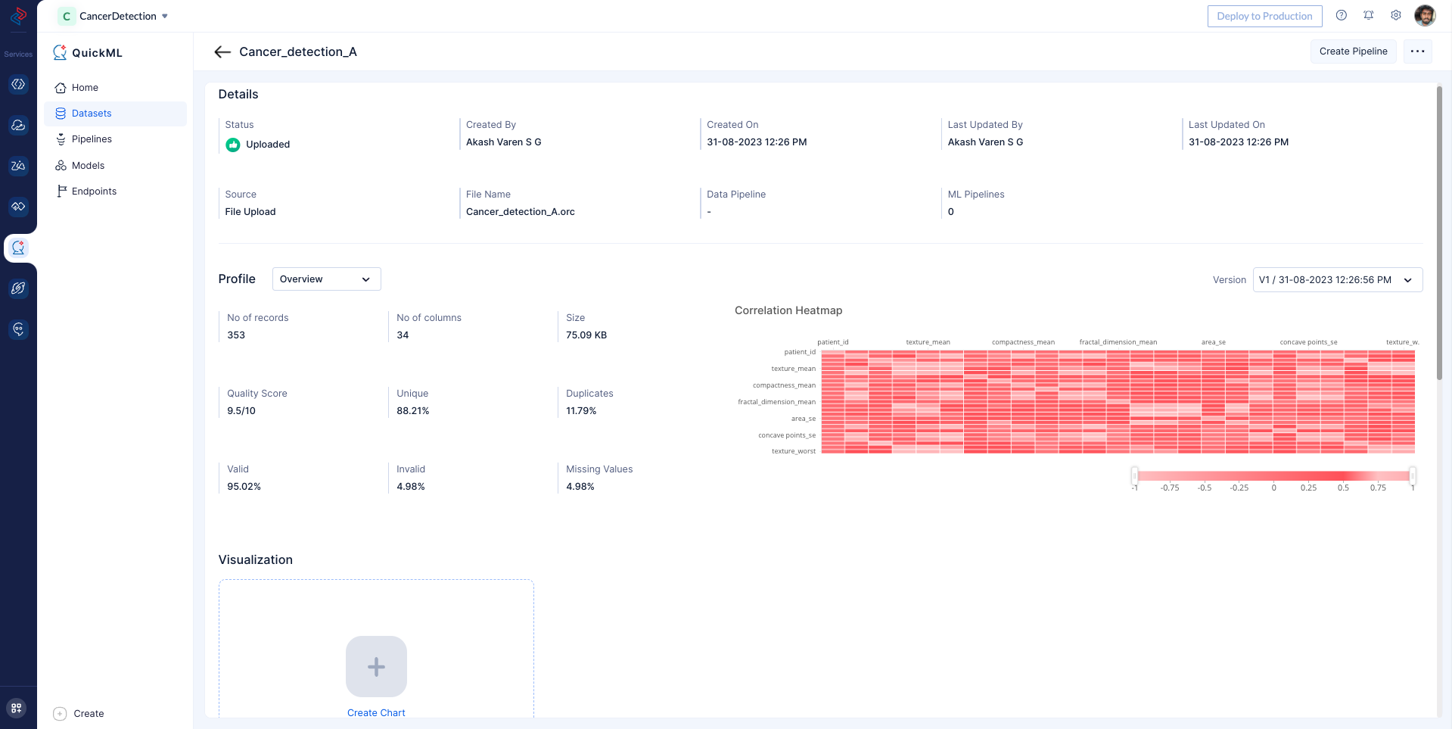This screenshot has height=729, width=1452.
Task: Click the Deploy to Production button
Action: coord(1264,16)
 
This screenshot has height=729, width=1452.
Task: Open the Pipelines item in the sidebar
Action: coord(92,139)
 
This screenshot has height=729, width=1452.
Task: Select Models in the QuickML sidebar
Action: coord(88,166)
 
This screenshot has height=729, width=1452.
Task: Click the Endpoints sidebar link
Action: coord(94,192)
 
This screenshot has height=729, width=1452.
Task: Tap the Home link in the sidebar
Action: coord(85,88)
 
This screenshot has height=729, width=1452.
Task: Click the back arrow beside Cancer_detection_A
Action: coord(222,51)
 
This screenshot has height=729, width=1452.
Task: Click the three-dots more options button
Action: coord(1417,51)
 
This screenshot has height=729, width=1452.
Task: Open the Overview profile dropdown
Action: coord(326,279)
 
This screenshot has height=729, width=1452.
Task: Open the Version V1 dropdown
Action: coord(1337,280)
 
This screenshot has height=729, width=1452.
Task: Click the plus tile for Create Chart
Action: coord(376,666)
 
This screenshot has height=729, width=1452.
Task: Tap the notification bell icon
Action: coord(1369,15)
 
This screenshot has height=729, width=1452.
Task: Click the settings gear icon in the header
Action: coord(1396,15)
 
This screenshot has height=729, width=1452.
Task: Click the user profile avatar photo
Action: coord(1425,15)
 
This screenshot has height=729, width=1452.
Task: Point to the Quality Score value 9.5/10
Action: coord(241,411)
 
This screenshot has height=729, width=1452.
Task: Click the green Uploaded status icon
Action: coord(233,145)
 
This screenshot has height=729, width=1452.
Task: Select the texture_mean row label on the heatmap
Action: coord(793,369)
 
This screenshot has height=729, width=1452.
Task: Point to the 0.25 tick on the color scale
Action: coord(1308,488)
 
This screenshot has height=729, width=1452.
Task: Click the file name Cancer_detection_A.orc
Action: coord(521,212)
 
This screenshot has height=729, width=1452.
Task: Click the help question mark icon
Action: coord(1341,15)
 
